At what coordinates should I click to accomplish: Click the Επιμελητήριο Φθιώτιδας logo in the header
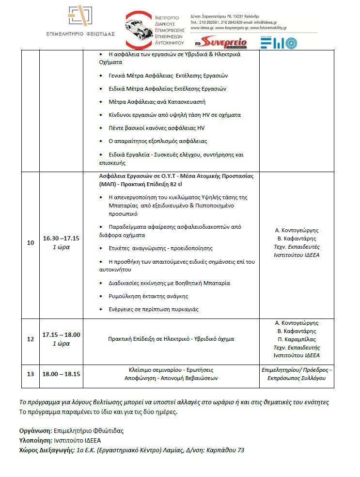(80, 22)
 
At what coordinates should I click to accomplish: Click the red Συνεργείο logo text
(224, 42)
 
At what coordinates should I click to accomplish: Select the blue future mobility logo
(278, 42)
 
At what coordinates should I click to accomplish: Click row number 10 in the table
(31, 242)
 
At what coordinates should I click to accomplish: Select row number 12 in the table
(31, 339)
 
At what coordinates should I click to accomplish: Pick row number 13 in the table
(31, 374)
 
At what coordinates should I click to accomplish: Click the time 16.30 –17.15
(61, 238)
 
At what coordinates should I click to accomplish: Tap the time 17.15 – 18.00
(61, 334)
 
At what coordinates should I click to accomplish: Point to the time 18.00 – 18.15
(61, 374)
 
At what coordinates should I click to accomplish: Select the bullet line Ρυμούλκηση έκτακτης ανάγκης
(148, 296)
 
